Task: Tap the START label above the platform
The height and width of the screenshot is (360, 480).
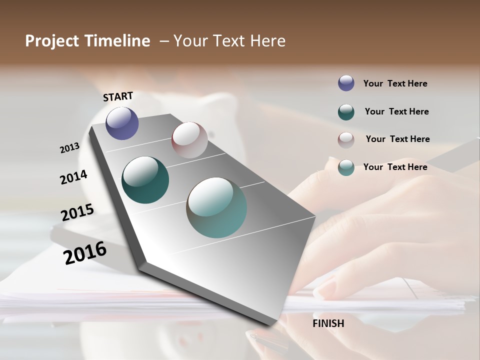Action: pos(118,96)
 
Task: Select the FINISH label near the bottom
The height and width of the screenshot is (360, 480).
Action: pos(328,323)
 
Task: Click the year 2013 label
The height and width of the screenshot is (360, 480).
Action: pos(70,148)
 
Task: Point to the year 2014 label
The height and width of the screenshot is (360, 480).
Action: pos(74,177)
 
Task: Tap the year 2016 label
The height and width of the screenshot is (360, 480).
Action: pos(85,253)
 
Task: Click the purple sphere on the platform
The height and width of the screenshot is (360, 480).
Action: pos(122,123)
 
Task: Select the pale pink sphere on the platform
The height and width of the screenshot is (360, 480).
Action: pos(189,140)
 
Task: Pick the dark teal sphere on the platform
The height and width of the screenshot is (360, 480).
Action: pos(145,180)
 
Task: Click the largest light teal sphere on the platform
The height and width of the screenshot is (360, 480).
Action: pos(216,207)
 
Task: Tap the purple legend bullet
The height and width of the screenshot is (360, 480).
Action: pos(346,83)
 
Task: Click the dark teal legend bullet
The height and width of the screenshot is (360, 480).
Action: pos(346,112)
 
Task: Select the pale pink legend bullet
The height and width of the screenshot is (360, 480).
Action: pos(346,139)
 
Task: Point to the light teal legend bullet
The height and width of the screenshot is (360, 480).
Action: pos(346,167)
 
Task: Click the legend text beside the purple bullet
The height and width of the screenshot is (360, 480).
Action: pos(395,84)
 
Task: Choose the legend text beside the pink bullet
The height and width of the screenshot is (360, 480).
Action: pos(398,139)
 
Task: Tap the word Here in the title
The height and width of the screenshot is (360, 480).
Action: pos(267,41)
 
